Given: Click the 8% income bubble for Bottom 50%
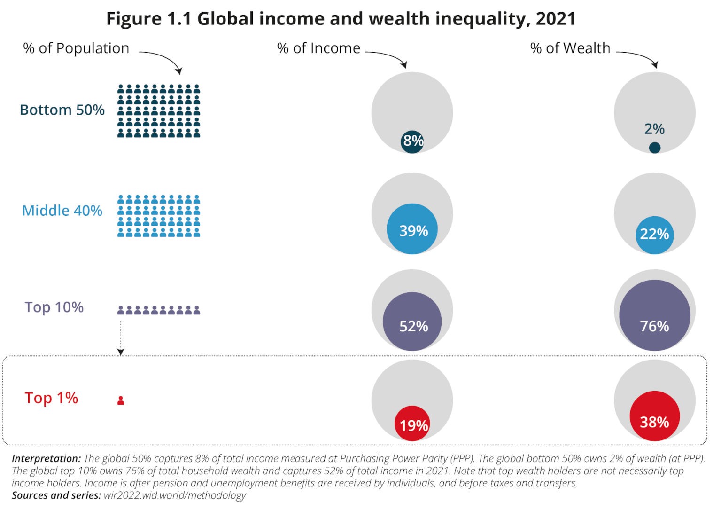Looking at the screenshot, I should [x=412, y=141].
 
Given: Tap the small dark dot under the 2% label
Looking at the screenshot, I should [x=654, y=148].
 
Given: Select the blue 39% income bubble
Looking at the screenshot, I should [x=412, y=229].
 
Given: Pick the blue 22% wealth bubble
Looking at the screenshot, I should [x=654, y=235].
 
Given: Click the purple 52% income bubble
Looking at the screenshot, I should [x=412, y=322].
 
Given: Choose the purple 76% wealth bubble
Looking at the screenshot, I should [x=654, y=315].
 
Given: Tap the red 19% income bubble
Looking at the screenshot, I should [x=412, y=424].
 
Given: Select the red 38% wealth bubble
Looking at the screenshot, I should [x=654, y=416].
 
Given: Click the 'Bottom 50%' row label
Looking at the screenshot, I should [x=62, y=110].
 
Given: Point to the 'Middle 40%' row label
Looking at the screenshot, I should [x=62, y=211].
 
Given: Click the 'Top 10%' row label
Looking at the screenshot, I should [x=54, y=307].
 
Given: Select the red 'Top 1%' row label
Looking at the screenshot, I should [x=51, y=398].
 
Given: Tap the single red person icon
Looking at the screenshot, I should [x=121, y=400].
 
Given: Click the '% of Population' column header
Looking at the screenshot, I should [x=76, y=48].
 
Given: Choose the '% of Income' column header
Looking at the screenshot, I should [x=318, y=48].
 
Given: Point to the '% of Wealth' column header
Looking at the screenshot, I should [x=570, y=48].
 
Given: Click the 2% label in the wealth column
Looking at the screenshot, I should [x=654, y=129].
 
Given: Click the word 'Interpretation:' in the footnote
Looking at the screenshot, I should [x=46, y=459].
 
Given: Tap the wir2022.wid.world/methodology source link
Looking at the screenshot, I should [x=175, y=495].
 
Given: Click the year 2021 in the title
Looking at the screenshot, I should [x=556, y=19].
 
